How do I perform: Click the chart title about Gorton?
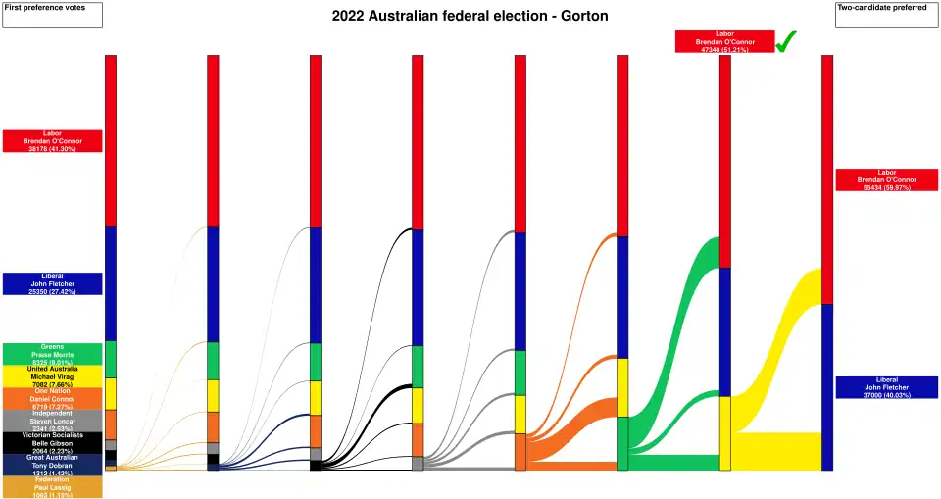(470, 17)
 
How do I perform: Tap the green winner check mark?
(786, 42)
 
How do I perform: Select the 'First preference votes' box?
(52, 15)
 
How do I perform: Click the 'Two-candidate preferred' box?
(887, 15)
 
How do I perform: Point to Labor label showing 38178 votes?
(52, 140)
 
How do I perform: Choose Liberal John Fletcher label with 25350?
(52, 283)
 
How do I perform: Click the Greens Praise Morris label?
(52, 354)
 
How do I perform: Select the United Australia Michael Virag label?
(52, 376)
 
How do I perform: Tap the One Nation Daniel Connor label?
(52, 398)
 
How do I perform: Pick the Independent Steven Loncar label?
(52, 421)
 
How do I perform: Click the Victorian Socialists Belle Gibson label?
(52, 442)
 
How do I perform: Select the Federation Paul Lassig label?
(52, 486)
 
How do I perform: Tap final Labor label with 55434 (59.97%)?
(887, 179)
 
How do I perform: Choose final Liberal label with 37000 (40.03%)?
(887, 387)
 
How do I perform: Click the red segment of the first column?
(111, 140)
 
